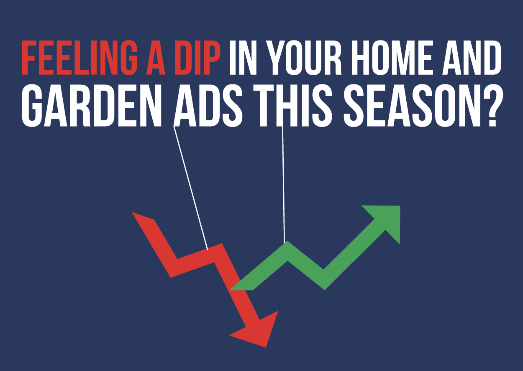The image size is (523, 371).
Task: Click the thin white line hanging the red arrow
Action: pos(191,188)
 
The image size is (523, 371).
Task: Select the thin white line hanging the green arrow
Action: pos(283,184)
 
